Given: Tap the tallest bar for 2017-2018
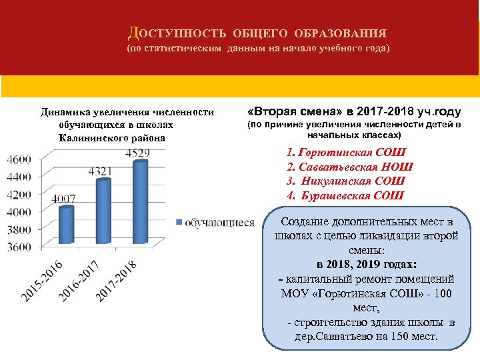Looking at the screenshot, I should pos(140,203).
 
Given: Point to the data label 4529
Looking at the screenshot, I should pos(137,153).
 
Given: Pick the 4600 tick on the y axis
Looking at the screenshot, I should pos(19,159).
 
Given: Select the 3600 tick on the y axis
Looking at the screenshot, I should pos(19,247).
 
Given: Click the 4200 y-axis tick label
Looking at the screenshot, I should pos(19,195).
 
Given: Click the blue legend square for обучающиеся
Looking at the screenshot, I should pos(179,222).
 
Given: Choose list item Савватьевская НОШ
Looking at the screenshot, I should pos(349,167).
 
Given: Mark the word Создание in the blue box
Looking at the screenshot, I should pos(306,222).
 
